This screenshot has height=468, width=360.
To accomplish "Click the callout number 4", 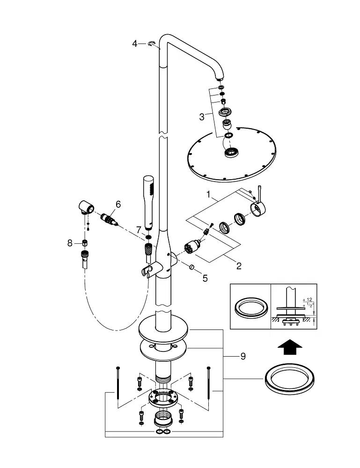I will [x=135, y=44].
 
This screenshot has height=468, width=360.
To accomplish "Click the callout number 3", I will [x=202, y=117].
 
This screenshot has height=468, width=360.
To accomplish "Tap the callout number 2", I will [x=239, y=266].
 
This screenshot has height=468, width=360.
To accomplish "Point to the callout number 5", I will [x=205, y=278].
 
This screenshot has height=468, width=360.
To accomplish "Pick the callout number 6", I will [x=118, y=204].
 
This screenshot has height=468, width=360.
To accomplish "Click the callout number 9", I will [x=242, y=356].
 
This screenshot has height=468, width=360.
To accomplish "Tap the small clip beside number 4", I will [x=151, y=44].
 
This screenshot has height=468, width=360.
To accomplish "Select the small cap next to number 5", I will [x=192, y=268].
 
